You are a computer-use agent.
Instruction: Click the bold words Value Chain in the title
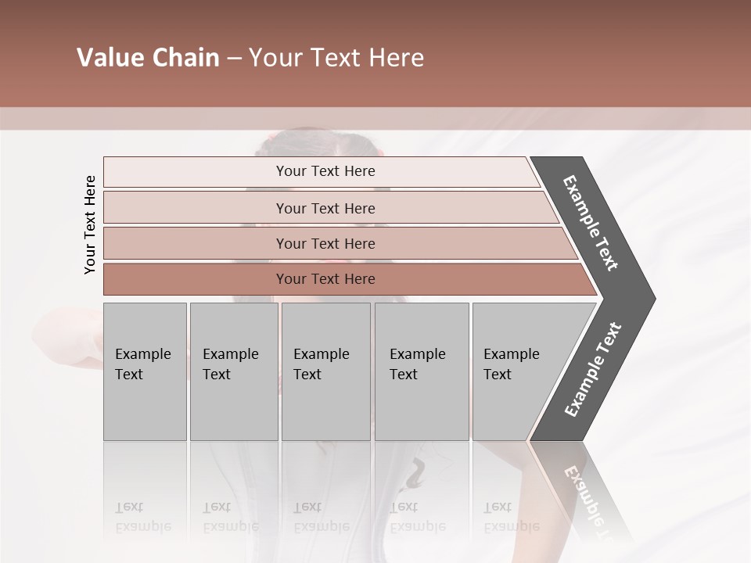tap(148, 58)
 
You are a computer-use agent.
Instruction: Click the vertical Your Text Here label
tap(90, 224)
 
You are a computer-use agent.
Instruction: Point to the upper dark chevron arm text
tap(591, 223)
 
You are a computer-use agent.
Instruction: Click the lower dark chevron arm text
tap(592, 370)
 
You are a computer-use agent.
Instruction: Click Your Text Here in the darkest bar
tap(325, 279)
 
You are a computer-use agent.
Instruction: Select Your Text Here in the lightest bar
tap(325, 171)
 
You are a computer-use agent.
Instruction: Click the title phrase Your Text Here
tap(336, 58)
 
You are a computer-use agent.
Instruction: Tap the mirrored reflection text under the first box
tap(142, 517)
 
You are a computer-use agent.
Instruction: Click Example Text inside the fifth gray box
tap(511, 364)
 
